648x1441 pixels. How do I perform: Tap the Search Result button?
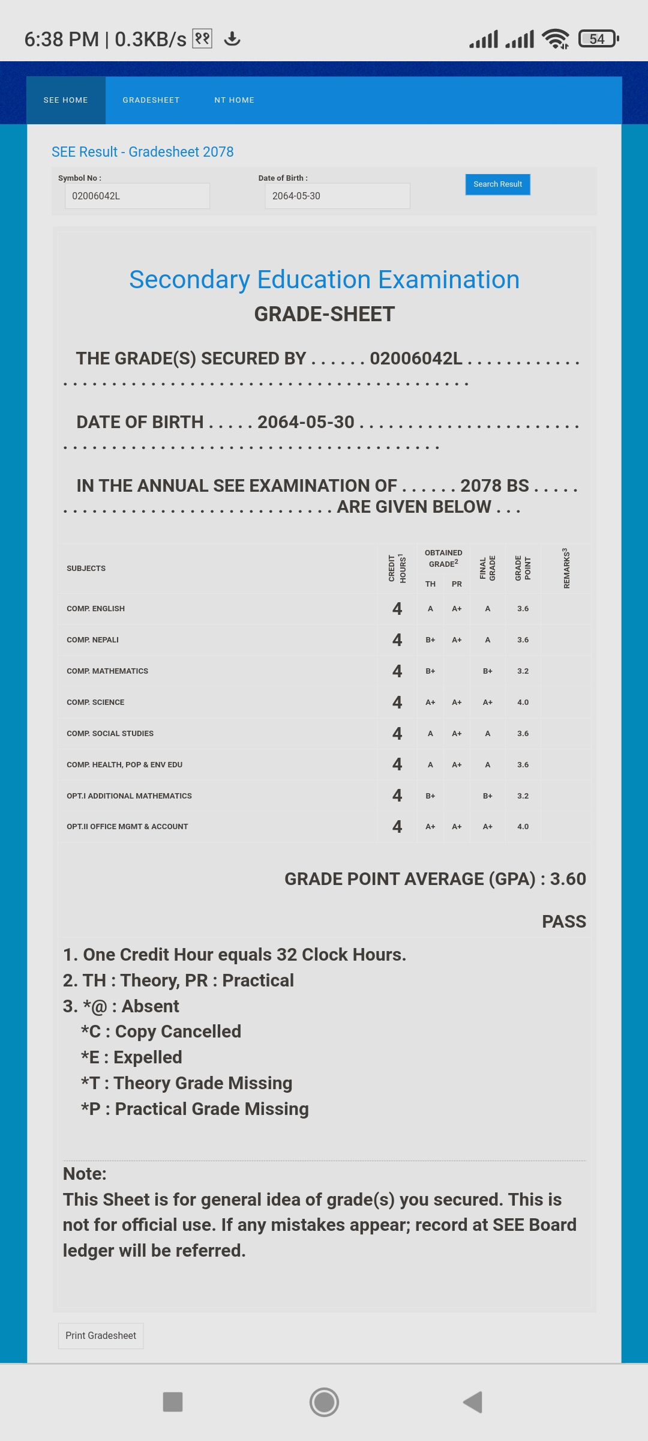(497, 184)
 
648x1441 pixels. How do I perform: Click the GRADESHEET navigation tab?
(151, 100)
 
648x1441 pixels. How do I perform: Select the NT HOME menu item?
(234, 100)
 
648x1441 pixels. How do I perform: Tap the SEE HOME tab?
(66, 100)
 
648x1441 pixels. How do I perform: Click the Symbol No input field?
(137, 196)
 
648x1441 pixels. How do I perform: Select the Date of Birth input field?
(337, 196)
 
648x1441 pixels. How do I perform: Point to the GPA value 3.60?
(568, 879)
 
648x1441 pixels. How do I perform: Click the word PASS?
(563, 922)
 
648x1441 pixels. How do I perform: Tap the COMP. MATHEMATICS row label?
(107, 671)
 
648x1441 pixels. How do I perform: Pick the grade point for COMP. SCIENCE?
(523, 702)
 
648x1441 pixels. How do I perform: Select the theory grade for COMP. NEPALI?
(430, 640)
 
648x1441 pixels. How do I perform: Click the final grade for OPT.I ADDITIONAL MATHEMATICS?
(487, 796)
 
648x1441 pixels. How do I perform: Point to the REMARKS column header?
(566, 568)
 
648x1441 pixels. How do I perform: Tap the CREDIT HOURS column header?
(397, 568)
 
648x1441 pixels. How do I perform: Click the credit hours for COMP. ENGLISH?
(397, 609)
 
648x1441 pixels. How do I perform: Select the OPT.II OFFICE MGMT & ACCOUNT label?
(127, 827)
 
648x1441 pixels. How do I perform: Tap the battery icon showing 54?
(598, 39)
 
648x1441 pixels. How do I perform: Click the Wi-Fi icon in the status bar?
(555, 39)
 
